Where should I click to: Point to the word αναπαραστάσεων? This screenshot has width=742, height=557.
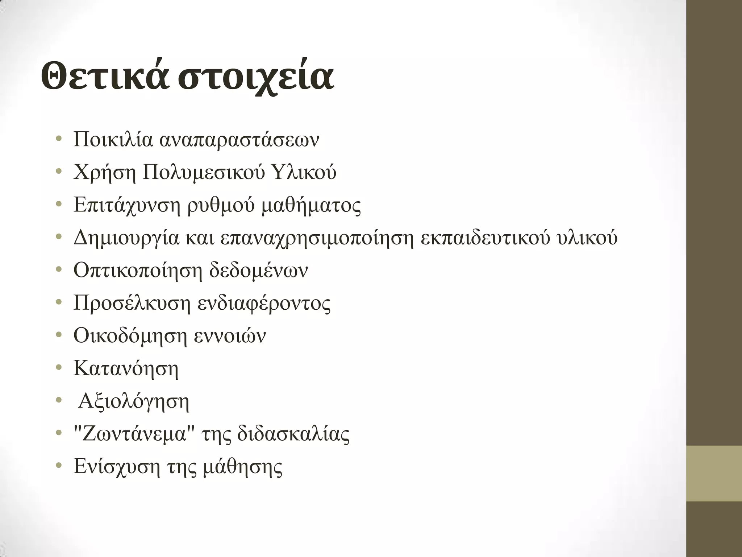tap(239, 140)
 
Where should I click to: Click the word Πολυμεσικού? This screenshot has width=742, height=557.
tap(201, 173)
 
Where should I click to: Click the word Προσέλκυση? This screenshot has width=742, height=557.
tap(132, 303)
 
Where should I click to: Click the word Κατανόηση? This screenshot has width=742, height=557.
tap(126, 368)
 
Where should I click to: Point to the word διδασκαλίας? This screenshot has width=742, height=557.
tap(293, 434)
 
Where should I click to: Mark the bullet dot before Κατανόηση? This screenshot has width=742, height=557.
tap(59, 368)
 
